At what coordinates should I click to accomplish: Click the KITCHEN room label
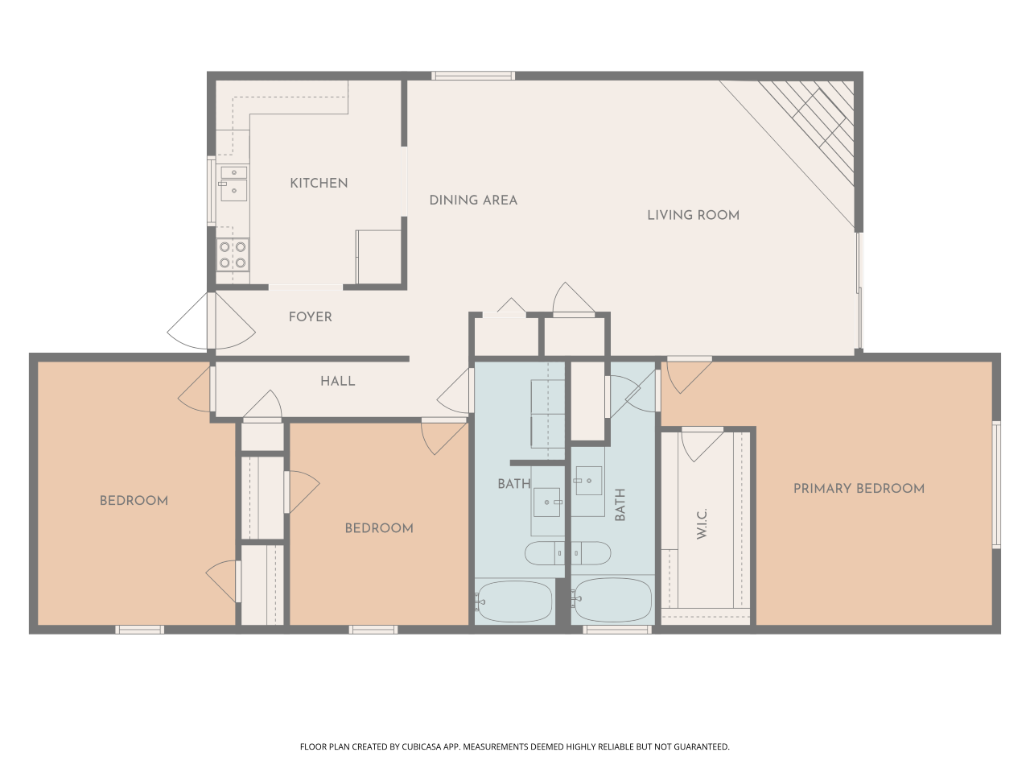(x=319, y=184)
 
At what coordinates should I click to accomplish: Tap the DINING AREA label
(x=472, y=200)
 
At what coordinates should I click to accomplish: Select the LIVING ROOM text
(x=693, y=215)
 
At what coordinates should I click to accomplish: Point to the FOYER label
(x=310, y=317)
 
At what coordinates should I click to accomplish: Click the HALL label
(x=337, y=382)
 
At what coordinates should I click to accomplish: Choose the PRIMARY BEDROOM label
(x=859, y=489)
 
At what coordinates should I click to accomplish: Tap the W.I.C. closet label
(x=702, y=523)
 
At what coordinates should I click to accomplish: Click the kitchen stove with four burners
(x=233, y=255)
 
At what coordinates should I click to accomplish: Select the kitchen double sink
(x=233, y=184)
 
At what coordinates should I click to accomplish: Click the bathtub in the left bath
(x=513, y=601)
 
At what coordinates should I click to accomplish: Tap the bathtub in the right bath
(x=612, y=601)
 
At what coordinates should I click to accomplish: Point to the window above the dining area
(x=472, y=76)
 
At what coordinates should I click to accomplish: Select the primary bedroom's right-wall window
(x=996, y=485)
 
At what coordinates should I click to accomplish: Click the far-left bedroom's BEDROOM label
(x=134, y=501)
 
